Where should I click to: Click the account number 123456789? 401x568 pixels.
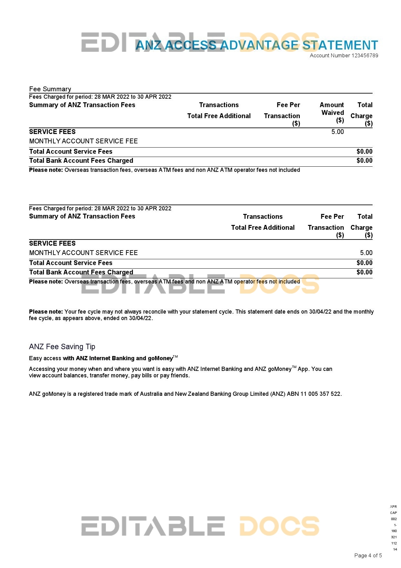click(x=364, y=55)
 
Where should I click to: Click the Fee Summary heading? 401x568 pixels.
click(x=50, y=89)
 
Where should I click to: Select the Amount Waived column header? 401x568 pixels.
click(x=332, y=112)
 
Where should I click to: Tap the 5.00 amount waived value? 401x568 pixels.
click(x=337, y=132)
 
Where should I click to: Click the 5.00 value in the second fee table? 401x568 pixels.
click(x=366, y=253)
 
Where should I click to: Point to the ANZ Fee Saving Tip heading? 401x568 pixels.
click(x=62, y=347)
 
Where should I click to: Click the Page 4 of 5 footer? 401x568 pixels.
click(x=368, y=555)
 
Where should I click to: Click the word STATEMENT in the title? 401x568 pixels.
click(x=340, y=45)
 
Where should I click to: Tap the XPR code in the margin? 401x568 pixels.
click(x=393, y=507)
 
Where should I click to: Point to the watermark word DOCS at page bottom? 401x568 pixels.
click(x=279, y=526)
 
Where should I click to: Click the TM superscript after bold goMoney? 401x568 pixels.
click(x=175, y=357)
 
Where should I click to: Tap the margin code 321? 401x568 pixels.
click(x=394, y=537)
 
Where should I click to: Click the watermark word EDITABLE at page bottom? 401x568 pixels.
click(x=153, y=526)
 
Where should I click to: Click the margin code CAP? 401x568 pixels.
click(x=393, y=513)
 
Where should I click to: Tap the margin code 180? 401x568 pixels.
click(x=394, y=531)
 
